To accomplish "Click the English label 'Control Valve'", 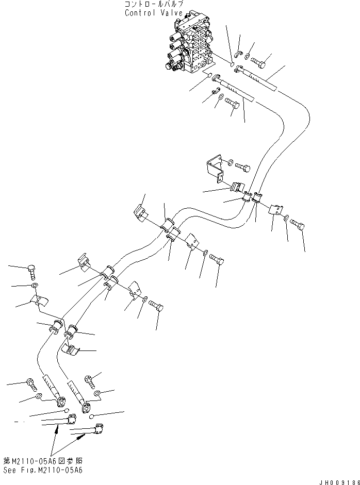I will (153, 13).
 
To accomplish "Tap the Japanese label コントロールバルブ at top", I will (153, 5).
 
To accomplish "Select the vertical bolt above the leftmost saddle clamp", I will (31, 271).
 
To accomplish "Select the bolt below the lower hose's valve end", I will (232, 106).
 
